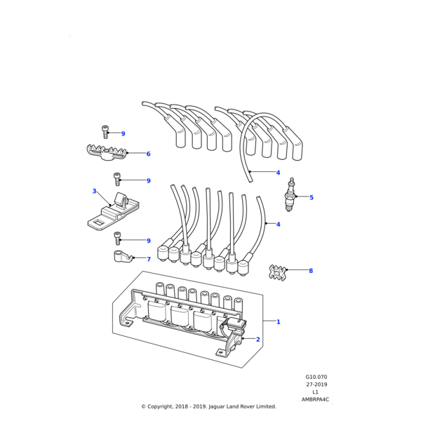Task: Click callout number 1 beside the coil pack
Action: [x=278, y=322]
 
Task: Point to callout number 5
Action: [x=312, y=197]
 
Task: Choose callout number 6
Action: [x=148, y=154]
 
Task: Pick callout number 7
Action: [x=148, y=259]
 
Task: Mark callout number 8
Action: [x=311, y=271]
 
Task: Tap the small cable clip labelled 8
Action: [x=277, y=271]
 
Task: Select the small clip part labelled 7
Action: [x=123, y=256]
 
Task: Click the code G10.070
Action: [x=316, y=377]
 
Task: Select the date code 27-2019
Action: [x=316, y=385]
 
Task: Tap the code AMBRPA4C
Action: [x=316, y=400]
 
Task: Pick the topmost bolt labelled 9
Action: [x=105, y=131]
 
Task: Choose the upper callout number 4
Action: [x=278, y=173]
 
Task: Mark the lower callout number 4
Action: [x=278, y=225]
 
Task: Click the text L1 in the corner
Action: [x=316, y=392]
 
